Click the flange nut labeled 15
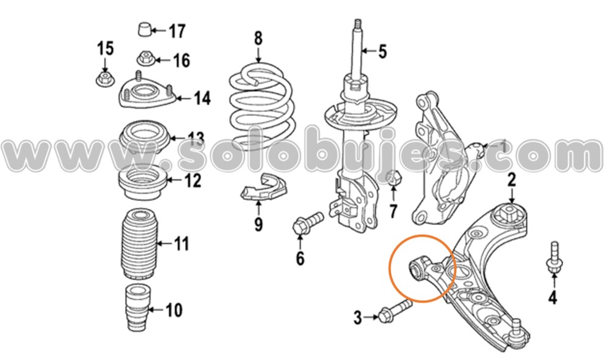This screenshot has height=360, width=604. point(104,78)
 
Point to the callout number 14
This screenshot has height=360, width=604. point(202,98)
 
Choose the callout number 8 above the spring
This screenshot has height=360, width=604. point(258,39)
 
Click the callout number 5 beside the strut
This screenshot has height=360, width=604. point(382,51)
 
